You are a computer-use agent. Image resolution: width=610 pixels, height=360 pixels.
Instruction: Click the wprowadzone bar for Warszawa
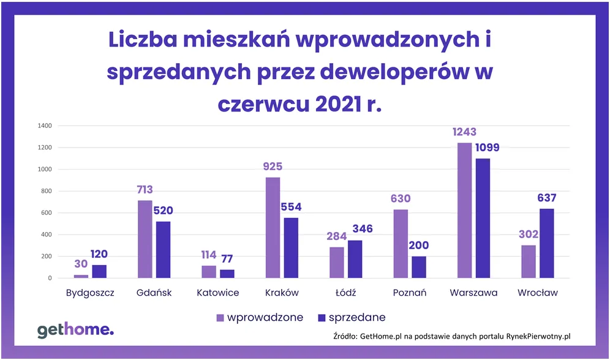[465, 211]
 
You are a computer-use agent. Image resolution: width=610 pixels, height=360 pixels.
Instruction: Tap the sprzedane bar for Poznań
[419, 267]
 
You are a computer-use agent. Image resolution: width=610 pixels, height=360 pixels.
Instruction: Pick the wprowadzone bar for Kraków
[273, 228]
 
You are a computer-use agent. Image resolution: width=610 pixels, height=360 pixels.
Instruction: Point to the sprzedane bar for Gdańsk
[164, 250]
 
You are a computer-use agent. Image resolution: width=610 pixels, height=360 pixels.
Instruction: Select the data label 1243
[465, 132]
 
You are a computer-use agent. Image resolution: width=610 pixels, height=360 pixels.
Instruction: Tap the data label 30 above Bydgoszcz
[81, 264]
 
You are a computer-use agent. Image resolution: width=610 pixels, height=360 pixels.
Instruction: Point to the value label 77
[227, 258]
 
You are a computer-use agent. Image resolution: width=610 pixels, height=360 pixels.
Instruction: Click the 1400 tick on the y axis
[45, 126]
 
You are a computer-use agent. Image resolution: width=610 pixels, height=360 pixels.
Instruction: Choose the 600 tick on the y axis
[47, 213]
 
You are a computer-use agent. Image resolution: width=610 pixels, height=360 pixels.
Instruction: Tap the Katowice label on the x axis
[218, 293]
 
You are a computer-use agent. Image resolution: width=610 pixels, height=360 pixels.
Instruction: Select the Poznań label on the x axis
[410, 293]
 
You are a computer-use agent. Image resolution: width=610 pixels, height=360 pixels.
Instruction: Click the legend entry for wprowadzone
[260, 318]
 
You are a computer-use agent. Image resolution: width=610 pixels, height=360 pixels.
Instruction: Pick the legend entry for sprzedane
[352, 318]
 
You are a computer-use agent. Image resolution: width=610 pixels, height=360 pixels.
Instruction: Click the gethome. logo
[75, 331]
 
